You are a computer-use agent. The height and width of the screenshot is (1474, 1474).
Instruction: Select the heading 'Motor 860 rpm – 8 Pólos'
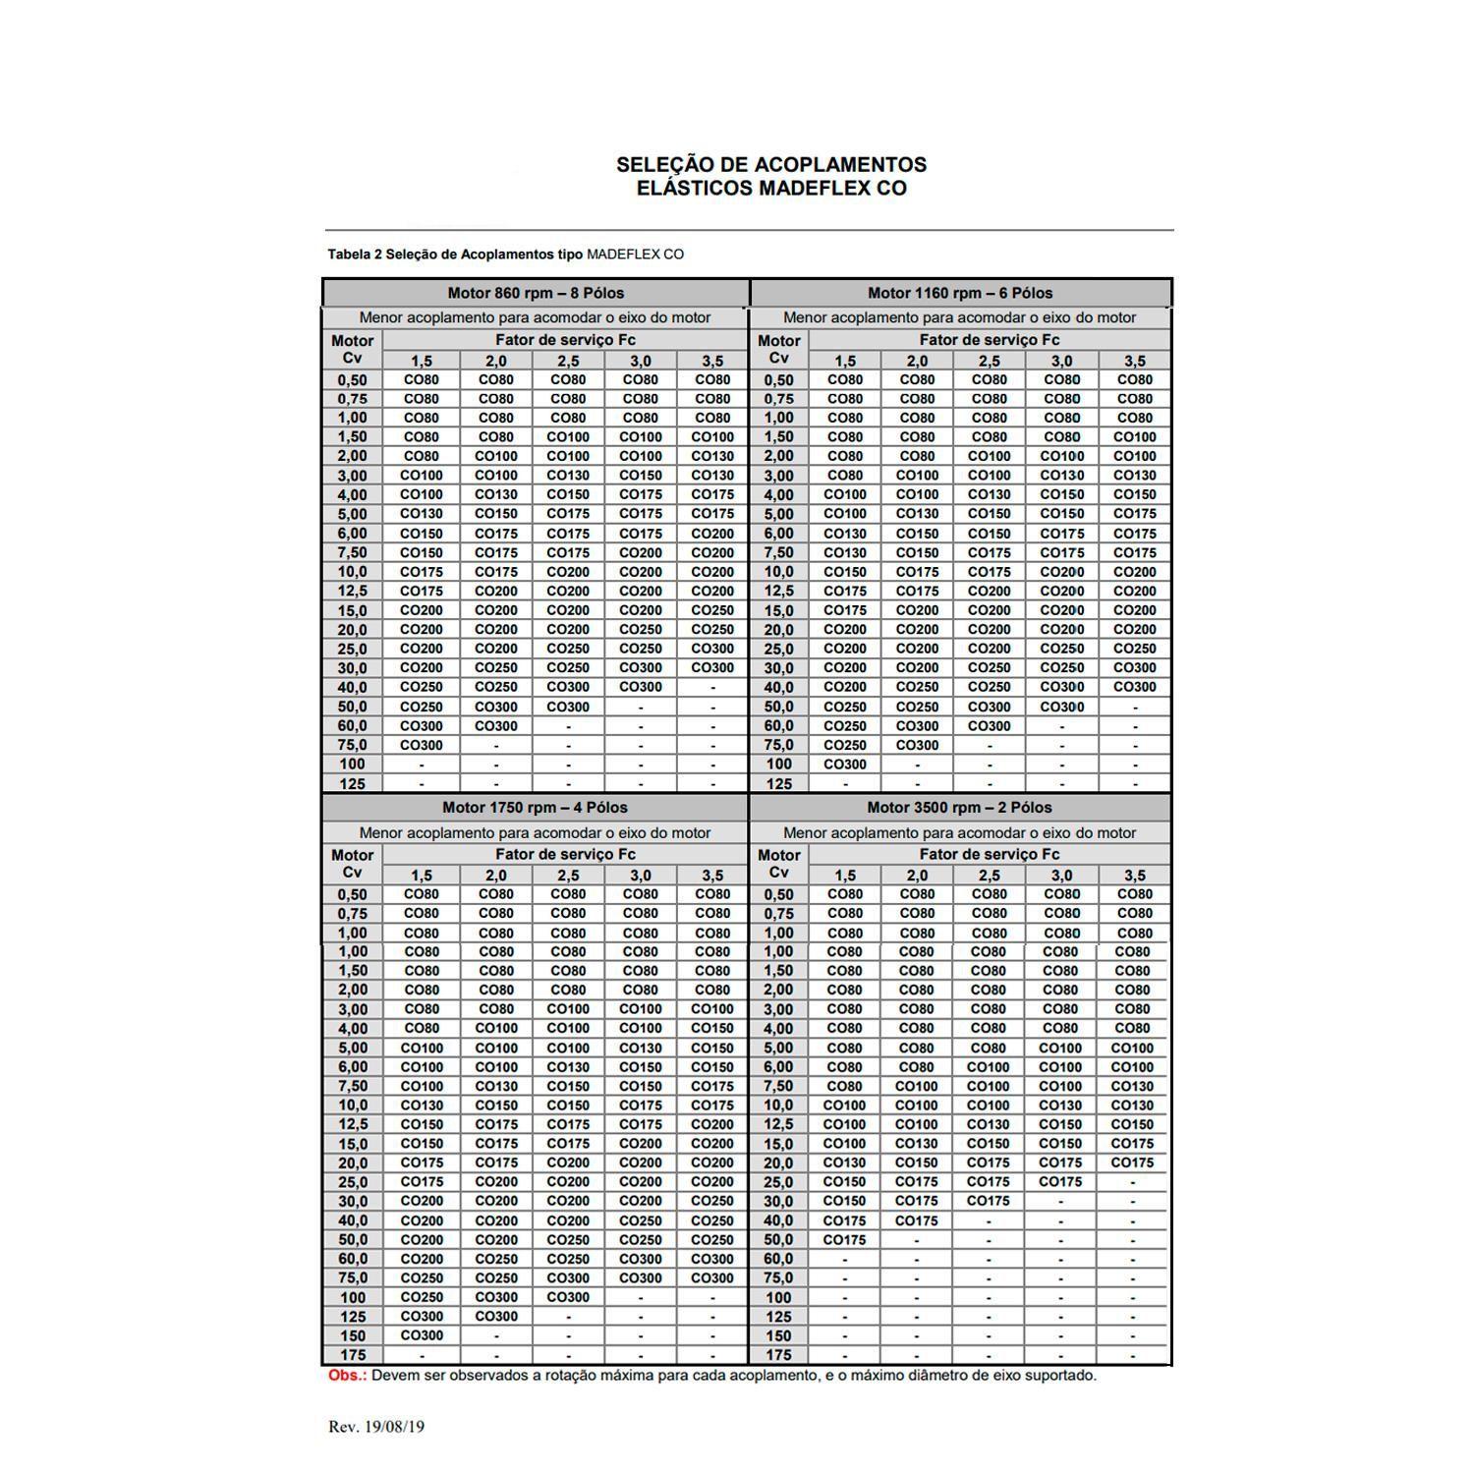[x=536, y=293]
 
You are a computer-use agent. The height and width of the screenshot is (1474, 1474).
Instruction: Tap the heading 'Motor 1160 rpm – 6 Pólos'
[x=959, y=293]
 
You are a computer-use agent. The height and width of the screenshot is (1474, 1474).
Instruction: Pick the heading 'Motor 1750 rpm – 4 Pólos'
[x=535, y=808]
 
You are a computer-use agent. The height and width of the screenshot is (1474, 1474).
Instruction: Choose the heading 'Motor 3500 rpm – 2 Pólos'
[x=959, y=808]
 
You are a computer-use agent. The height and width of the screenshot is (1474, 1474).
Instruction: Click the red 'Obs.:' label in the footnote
[x=347, y=1375]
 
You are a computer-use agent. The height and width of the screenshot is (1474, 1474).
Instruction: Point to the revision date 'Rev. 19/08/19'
[x=376, y=1426]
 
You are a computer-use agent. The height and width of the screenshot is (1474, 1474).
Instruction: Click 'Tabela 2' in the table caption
[x=355, y=255]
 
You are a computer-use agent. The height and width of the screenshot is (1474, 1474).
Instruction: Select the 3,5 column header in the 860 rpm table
[x=712, y=361]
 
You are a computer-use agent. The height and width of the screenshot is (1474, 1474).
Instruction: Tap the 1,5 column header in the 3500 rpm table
[x=844, y=875]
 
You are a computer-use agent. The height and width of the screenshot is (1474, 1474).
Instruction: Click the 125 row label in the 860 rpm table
[x=352, y=783]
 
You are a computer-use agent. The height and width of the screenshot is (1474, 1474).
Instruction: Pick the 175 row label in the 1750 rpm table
[x=352, y=1355]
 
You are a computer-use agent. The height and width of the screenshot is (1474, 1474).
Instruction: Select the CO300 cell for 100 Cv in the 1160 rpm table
[x=845, y=765]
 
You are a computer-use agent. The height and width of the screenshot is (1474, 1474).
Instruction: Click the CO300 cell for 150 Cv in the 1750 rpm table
[x=422, y=1335]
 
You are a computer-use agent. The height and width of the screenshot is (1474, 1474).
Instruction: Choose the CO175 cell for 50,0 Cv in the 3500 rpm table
[x=844, y=1240]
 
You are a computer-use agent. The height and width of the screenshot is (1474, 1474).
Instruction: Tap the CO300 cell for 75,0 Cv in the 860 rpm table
[x=422, y=745]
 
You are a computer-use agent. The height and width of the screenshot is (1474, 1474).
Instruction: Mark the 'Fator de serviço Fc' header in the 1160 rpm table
[x=990, y=340]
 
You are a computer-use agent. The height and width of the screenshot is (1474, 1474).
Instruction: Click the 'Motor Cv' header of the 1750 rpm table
[x=352, y=864]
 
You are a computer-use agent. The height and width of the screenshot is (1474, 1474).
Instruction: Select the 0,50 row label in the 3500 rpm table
[x=777, y=894]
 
